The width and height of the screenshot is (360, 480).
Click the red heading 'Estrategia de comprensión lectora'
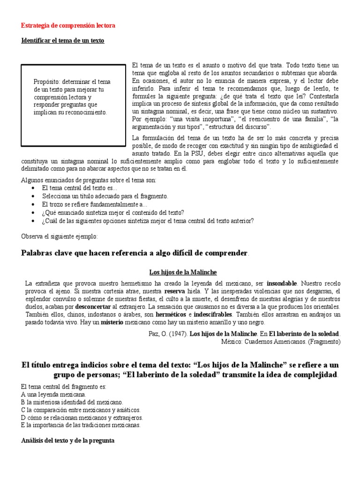[x=68, y=25]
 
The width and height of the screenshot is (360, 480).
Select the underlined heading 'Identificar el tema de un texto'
[x=63, y=41]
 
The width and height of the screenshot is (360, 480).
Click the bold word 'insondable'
[x=282, y=284]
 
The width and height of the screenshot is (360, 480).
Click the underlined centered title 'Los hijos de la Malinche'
[x=183, y=272]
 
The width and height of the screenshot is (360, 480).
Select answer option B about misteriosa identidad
[x=73, y=402]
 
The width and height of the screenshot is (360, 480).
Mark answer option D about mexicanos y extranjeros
[x=82, y=418]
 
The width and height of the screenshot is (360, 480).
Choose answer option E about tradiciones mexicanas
[x=81, y=425]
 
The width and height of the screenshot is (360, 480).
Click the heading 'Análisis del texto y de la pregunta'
[x=68, y=441]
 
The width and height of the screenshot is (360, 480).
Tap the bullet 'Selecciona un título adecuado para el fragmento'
[x=105, y=196]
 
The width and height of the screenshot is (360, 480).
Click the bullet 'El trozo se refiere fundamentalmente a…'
[x=94, y=204]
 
